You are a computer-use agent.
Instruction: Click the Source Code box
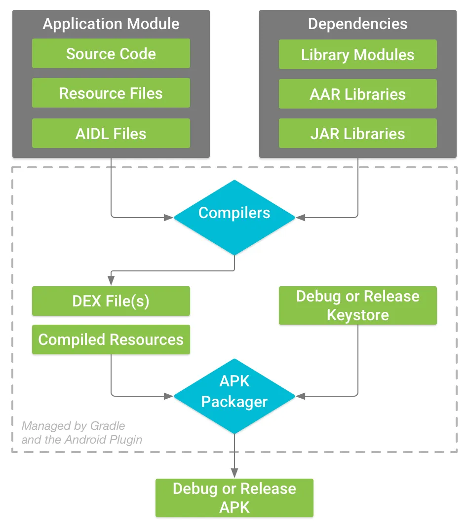click(111, 54)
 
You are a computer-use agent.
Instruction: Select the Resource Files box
click(111, 93)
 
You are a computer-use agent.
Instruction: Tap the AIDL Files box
click(111, 133)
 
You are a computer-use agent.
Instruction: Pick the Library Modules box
click(357, 54)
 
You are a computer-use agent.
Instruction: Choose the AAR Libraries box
click(357, 94)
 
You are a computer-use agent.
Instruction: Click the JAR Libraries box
click(357, 133)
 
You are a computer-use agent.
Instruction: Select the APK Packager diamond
click(234, 395)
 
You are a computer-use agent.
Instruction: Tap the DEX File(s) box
click(111, 301)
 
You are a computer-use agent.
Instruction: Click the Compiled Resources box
click(111, 339)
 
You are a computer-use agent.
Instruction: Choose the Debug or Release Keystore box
click(357, 305)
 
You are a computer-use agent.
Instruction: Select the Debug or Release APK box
click(234, 498)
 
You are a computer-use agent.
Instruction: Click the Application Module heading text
click(111, 24)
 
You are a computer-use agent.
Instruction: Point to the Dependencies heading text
click(357, 24)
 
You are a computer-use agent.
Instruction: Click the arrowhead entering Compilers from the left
click(169, 217)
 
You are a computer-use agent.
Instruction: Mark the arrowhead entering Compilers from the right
click(300, 217)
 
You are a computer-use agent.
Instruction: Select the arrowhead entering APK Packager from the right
click(300, 396)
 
